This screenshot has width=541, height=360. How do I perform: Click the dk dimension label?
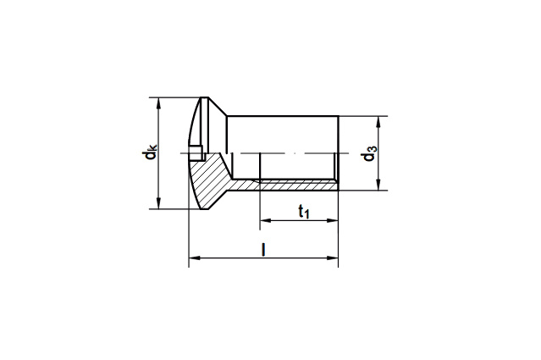[151, 152]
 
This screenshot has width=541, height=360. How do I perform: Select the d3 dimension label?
[369, 153]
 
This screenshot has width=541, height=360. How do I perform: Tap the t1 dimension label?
[304, 211]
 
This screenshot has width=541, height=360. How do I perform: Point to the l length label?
[263, 250]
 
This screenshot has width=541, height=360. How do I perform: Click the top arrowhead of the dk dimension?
[158, 102]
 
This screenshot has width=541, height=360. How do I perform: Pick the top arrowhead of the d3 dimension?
[378, 122]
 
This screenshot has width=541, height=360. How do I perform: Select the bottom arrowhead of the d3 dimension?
[378, 185]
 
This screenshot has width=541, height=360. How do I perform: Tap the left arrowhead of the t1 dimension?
[265, 220]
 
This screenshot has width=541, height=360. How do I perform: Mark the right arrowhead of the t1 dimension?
[332, 220]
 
